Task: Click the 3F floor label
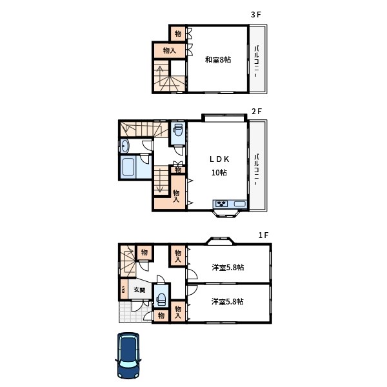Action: [x=256, y=15]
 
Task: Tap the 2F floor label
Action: [x=257, y=112]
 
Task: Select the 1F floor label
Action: [x=263, y=235]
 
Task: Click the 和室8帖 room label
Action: [x=218, y=60]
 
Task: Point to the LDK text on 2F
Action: [x=219, y=159]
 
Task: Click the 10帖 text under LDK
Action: [x=219, y=172]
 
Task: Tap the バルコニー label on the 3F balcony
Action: [x=257, y=61]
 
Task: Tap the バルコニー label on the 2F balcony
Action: [x=257, y=170]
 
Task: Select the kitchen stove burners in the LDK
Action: [x=222, y=204]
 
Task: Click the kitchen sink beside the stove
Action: [x=240, y=204]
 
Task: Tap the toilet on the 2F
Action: [x=178, y=130]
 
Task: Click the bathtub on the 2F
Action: [x=128, y=167]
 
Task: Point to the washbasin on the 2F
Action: [x=124, y=146]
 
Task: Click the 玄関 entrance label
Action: [x=139, y=290]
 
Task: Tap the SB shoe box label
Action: [x=123, y=289]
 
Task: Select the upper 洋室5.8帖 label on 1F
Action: [x=228, y=268]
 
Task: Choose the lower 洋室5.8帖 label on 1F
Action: [x=228, y=302]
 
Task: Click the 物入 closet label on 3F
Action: [x=170, y=50]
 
